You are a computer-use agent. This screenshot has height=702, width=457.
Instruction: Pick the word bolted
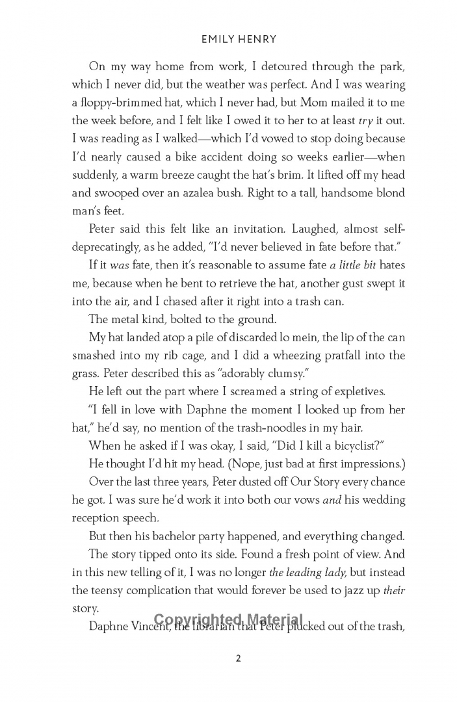pyautogui.click(x=186, y=320)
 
